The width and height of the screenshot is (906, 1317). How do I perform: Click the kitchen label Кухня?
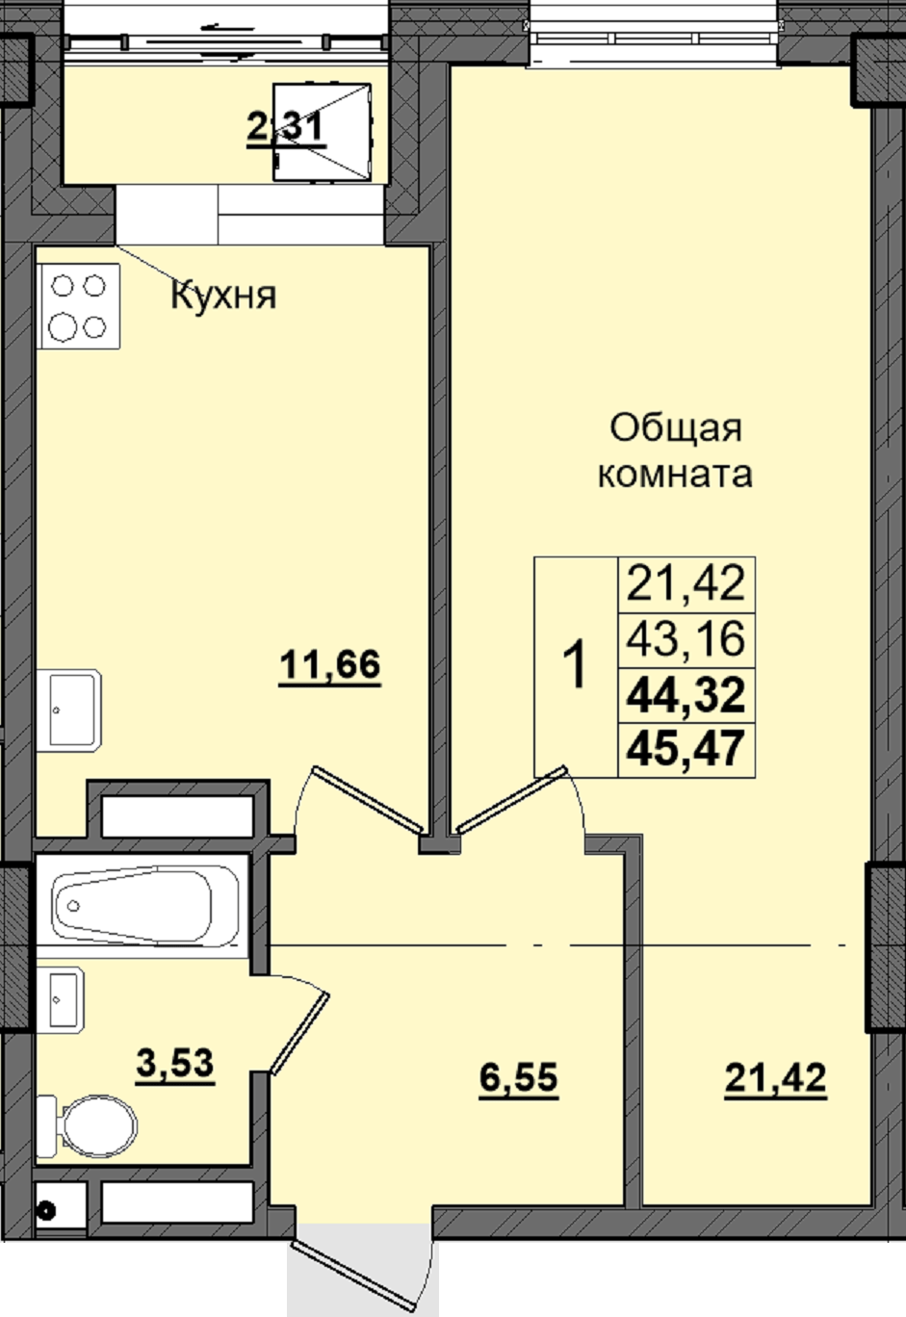click(223, 295)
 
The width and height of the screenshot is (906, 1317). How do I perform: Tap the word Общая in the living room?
click(676, 430)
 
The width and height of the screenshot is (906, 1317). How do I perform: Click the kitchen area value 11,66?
click(330, 666)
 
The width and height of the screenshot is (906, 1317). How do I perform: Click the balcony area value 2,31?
click(286, 128)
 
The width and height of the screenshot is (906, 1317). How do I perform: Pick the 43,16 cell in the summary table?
click(686, 639)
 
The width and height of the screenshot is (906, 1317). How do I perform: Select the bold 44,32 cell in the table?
click(686, 694)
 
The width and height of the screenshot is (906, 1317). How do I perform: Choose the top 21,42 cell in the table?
click(686, 583)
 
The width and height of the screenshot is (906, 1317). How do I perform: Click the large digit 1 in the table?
click(575, 665)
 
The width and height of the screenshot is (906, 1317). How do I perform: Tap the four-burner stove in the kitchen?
click(78, 306)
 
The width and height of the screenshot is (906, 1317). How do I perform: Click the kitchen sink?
click(68, 710)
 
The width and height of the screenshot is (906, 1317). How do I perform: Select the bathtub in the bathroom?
click(145, 906)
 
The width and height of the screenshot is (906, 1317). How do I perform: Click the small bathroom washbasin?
click(61, 999)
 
